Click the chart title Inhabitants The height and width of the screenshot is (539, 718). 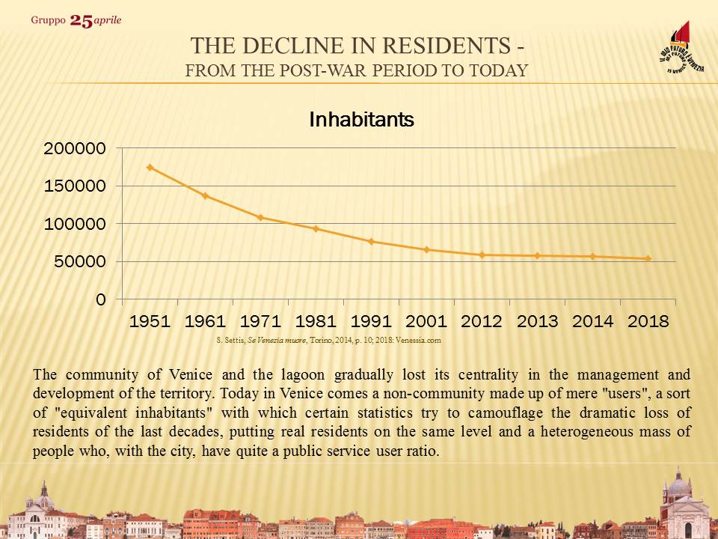pyautogui.click(x=361, y=119)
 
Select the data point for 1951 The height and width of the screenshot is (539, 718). pyautogui.click(x=150, y=167)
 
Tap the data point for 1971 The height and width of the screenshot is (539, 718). pyautogui.click(x=260, y=217)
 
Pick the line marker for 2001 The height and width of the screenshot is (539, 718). pyautogui.click(x=426, y=249)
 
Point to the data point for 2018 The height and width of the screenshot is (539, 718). pyautogui.click(x=648, y=258)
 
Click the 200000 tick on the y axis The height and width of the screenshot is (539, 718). pyautogui.click(x=74, y=148)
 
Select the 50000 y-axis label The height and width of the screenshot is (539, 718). pyautogui.click(x=79, y=261)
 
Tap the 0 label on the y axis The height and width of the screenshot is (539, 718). pyautogui.click(x=100, y=299)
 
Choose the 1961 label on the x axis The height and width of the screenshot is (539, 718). pyautogui.click(x=205, y=321)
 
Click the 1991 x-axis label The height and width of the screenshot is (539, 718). pyautogui.click(x=371, y=321)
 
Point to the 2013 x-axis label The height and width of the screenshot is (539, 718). pyautogui.click(x=537, y=321)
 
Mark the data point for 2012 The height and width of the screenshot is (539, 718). pyautogui.click(x=482, y=255)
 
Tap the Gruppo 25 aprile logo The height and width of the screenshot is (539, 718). pyautogui.click(x=76, y=20)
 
